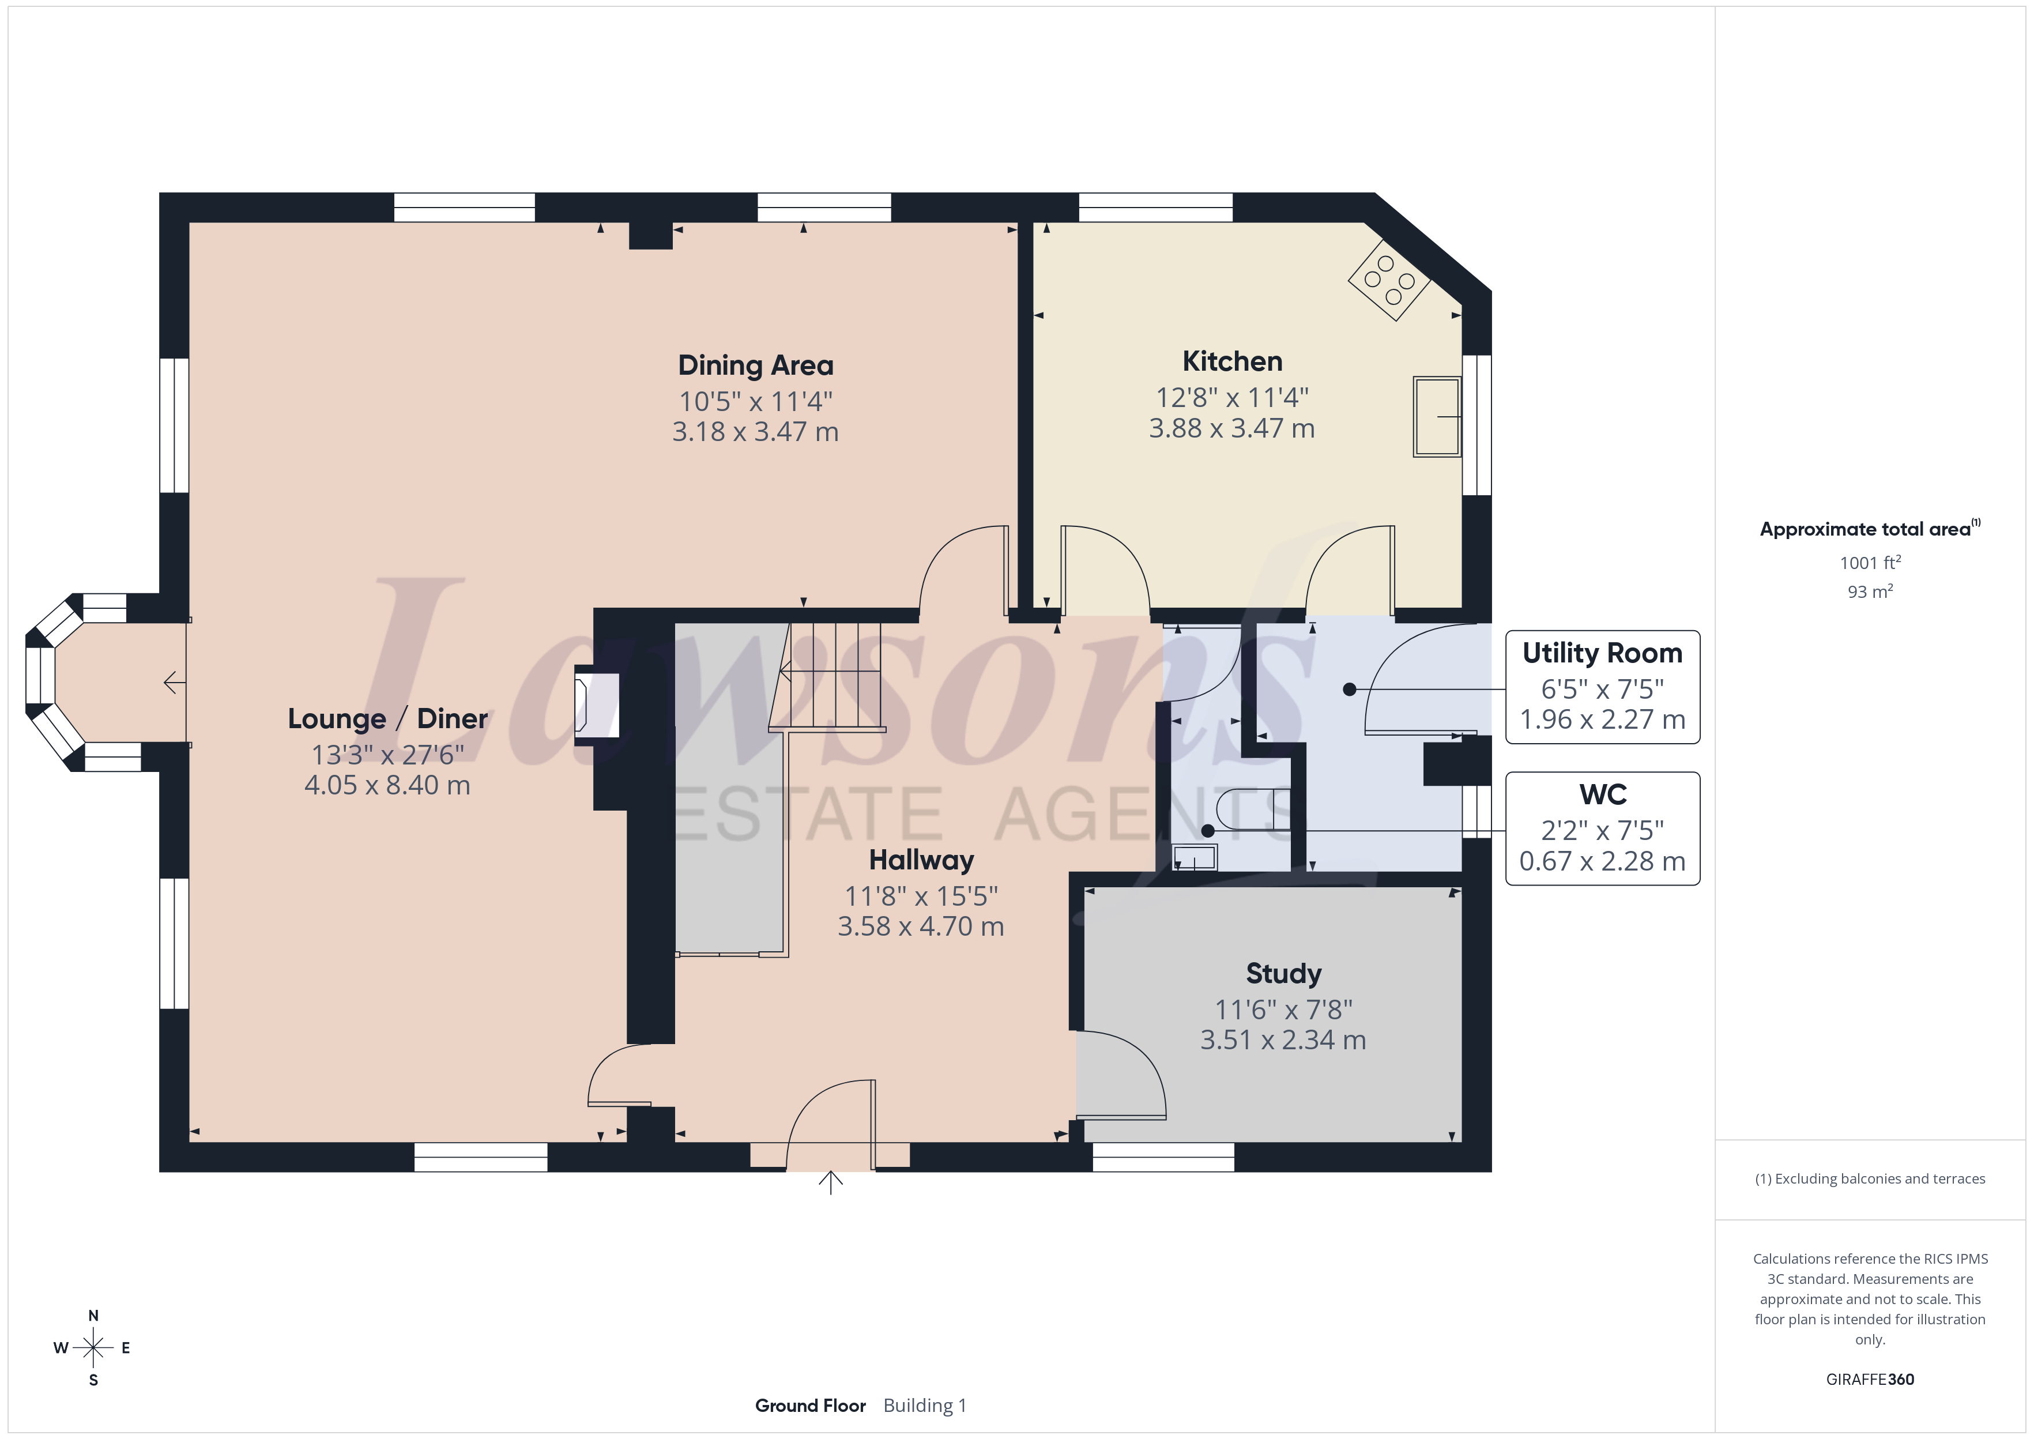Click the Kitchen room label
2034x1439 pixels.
pyautogui.click(x=1232, y=361)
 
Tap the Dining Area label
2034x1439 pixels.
pyautogui.click(x=756, y=365)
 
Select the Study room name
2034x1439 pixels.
pyautogui.click(x=1284, y=974)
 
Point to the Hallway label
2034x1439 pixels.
pyautogui.click(x=921, y=860)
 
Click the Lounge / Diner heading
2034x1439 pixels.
pyautogui.click(x=388, y=718)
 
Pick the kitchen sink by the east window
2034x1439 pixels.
pyautogui.click(x=1437, y=416)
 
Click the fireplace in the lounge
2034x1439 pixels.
pyautogui.click(x=597, y=705)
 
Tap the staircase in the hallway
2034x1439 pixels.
pyautogui.click(x=827, y=677)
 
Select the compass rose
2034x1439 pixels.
pyautogui.click(x=93, y=1348)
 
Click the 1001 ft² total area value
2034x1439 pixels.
pyautogui.click(x=1870, y=563)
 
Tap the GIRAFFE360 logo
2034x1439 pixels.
pyautogui.click(x=1870, y=1380)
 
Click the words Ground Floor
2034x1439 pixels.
pyautogui.click(x=811, y=1406)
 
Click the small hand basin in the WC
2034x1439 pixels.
pyautogui.click(x=1195, y=858)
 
